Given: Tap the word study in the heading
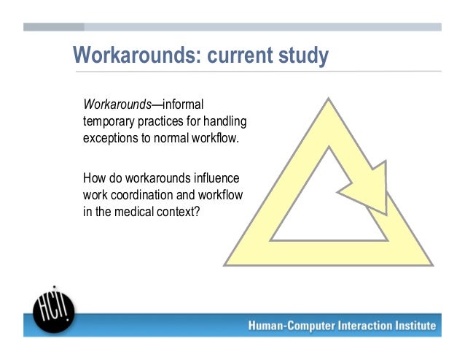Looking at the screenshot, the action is coord(304,55).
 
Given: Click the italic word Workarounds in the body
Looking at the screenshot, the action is coord(117,104).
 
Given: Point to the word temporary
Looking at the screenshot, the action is coord(109,122).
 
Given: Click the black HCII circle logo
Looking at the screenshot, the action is coord(54,310).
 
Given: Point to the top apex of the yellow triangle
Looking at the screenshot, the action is coord(328,99).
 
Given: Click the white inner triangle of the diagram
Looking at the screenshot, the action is coord(327,214).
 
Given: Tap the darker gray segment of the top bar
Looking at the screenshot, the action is coord(54,27).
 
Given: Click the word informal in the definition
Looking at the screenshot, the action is coord(183,104).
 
